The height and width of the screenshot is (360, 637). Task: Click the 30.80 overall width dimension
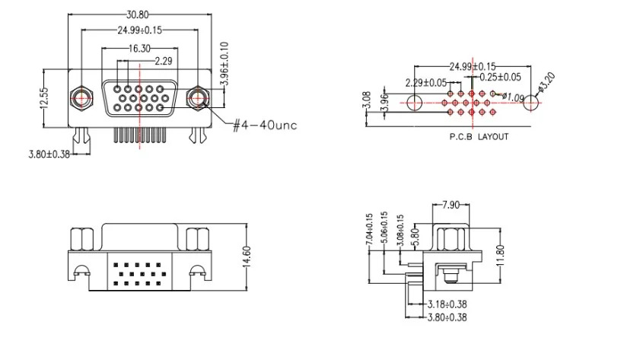pos(138,14)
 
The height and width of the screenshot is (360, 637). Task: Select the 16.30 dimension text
pos(139,49)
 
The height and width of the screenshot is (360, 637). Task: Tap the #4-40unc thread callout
pos(265,125)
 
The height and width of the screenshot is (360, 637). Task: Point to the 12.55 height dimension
pos(44,98)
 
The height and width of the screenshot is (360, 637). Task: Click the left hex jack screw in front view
pos(81,98)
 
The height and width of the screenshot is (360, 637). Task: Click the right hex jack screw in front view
pos(198,98)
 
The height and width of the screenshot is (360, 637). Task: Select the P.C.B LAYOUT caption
pos(479,137)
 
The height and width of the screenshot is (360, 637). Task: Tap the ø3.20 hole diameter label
pos(546,81)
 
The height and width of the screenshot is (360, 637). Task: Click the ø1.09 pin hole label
pos(513,97)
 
